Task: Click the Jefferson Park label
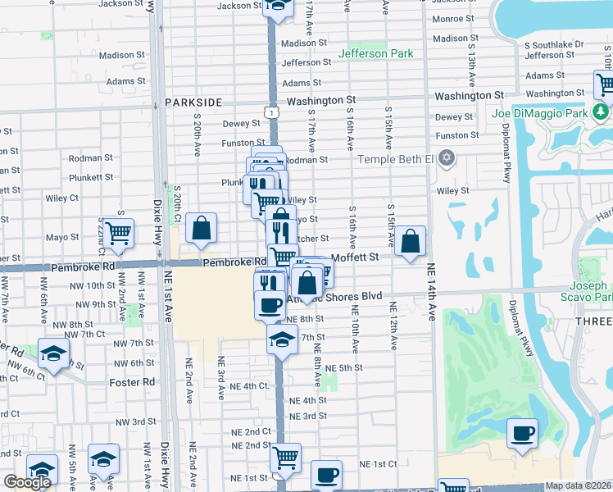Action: click(377, 54)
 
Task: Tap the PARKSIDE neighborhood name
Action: click(193, 102)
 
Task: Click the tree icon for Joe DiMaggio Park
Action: click(602, 111)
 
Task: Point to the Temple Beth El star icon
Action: click(447, 157)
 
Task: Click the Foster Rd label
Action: click(132, 382)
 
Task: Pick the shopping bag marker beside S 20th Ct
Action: click(201, 229)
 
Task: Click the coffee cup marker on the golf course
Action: click(521, 434)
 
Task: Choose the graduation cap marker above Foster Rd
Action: click(53, 355)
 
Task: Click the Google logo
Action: click(27, 482)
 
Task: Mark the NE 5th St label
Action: click(344, 368)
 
